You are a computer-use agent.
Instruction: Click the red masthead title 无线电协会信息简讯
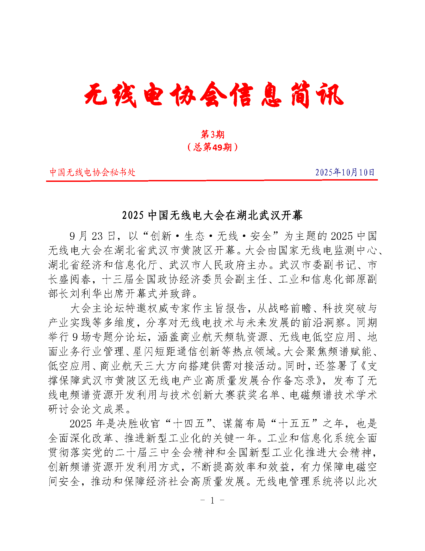(x=214, y=94)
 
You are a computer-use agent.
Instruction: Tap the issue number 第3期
(x=212, y=134)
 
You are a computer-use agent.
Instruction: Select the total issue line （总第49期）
(x=212, y=147)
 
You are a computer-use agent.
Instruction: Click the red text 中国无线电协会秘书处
(x=92, y=172)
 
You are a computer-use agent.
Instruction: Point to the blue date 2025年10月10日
(x=345, y=172)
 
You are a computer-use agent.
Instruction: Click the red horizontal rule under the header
(x=212, y=180)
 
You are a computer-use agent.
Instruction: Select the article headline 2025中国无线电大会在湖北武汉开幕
(x=212, y=215)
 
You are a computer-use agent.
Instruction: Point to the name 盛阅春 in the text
(x=76, y=279)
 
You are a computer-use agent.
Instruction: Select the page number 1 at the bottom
(x=212, y=500)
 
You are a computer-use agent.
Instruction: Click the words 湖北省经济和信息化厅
(x=103, y=265)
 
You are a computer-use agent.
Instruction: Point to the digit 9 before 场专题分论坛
(x=75, y=337)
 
